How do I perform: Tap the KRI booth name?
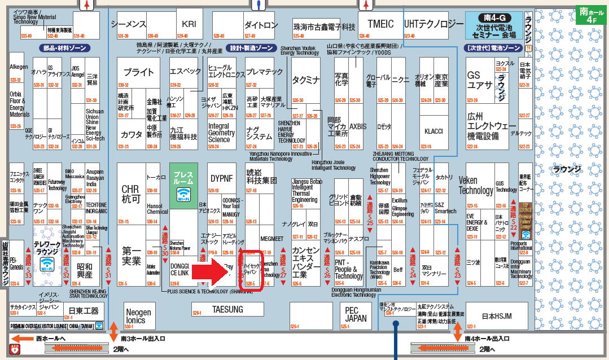189,24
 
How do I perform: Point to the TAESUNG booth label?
227,309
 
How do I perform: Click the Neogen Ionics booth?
138,316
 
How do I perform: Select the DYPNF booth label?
222,178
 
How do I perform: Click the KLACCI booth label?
433,131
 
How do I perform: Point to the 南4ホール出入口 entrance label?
487,339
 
